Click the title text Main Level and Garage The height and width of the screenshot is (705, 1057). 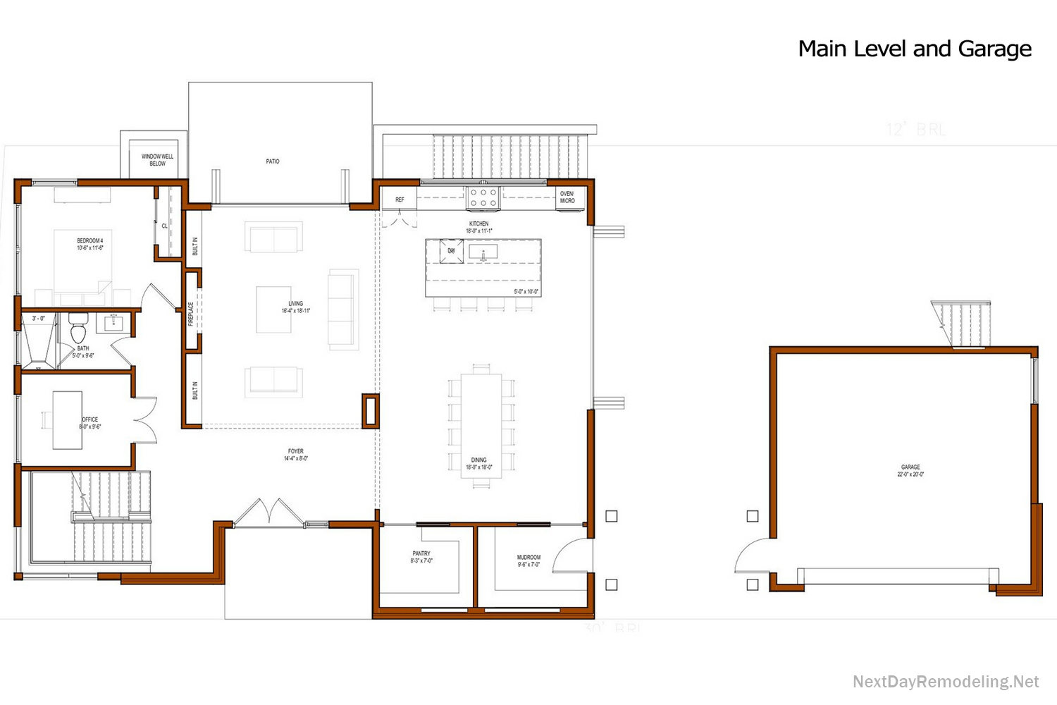point(915,49)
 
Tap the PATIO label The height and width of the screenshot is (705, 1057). point(273,161)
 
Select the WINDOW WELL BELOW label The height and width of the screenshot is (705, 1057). point(157,160)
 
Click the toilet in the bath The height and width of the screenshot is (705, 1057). point(78,329)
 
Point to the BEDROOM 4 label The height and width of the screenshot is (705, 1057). point(90,244)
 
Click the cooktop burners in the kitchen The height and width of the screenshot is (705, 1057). point(483,197)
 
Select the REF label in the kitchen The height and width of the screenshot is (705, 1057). point(400,200)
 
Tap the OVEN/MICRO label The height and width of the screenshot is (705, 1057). point(567,197)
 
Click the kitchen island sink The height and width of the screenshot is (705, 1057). point(483,252)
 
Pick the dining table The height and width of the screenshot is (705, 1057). point(481,426)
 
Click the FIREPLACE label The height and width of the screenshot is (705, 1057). point(191,314)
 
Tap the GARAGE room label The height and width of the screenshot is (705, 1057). point(910,470)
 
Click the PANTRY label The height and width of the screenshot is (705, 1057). point(421,557)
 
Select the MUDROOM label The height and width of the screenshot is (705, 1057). point(528,560)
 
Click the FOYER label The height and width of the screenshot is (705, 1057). point(296,455)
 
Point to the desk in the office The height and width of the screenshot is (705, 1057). point(67,420)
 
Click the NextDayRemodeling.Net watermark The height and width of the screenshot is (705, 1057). point(946,682)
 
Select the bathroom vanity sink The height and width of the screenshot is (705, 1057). point(114,324)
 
